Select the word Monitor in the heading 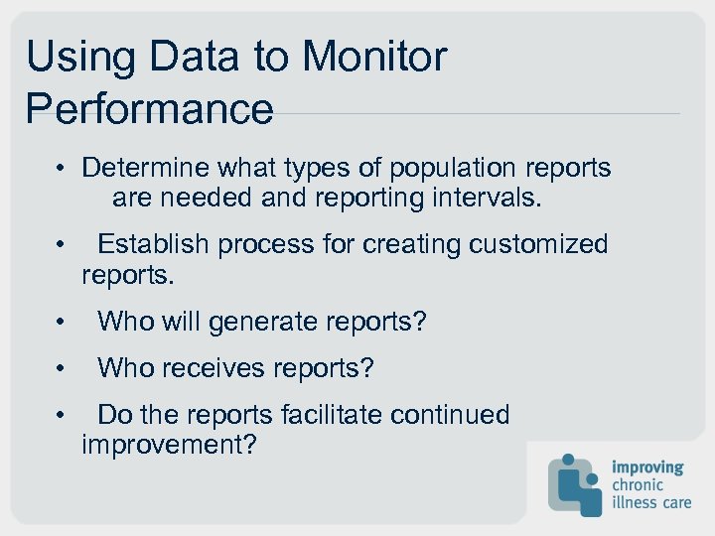tap(374, 57)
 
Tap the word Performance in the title tap(149, 108)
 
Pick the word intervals tap(488, 198)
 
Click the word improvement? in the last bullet tap(169, 445)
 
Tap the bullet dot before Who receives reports tap(62, 369)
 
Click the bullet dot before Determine tap(62, 169)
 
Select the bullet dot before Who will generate tap(62, 323)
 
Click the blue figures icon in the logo tap(576, 483)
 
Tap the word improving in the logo tap(647, 468)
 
